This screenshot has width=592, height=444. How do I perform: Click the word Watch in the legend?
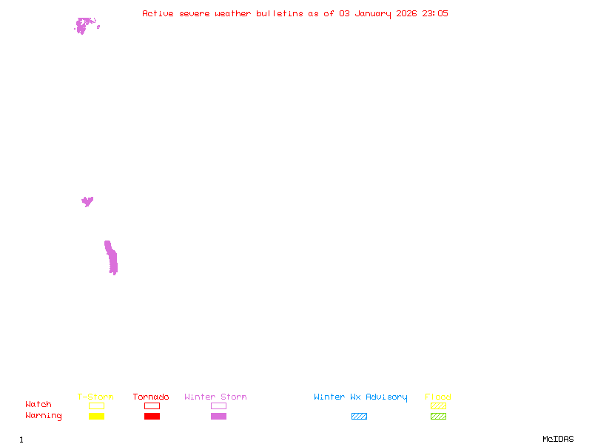[x=38, y=405]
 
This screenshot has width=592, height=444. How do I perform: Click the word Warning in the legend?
[x=44, y=416]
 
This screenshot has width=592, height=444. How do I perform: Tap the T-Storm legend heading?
[x=95, y=397]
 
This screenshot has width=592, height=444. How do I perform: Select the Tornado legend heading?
[x=151, y=397]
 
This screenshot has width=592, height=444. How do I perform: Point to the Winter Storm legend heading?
[x=215, y=397]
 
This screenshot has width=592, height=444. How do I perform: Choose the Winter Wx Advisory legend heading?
[x=360, y=397]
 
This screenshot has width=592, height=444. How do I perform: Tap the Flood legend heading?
[x=438, y=397]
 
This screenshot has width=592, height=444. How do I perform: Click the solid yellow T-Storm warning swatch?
[x=96, y=417]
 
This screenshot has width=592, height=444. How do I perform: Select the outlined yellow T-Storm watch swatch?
[x=96, y=406]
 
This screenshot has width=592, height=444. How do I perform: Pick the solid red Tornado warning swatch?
[x=152, y=417]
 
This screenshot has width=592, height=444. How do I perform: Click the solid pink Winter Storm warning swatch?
[x=218, y=417]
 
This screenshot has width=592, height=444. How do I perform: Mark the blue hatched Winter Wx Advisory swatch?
[x=359, y=417]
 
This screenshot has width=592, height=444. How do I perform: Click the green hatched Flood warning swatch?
[x=438, y=417]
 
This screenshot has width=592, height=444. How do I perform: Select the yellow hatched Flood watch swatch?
[x=438, y=406]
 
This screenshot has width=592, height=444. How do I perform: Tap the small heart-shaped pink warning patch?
[x=87, y=201]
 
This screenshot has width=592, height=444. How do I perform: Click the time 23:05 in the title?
[x=435, y=13]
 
